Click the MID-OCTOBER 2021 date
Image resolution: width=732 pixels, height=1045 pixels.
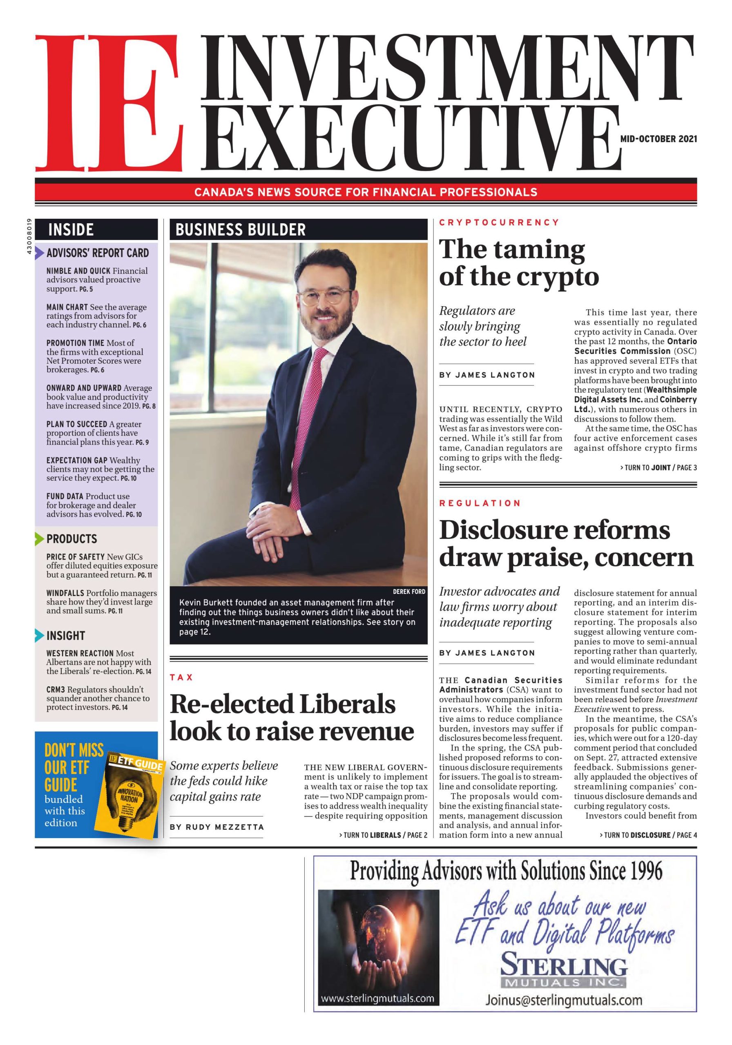pos(658,139)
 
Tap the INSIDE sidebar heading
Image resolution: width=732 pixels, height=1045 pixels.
pos(71,229)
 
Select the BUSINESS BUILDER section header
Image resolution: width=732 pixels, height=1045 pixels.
pos(241,230)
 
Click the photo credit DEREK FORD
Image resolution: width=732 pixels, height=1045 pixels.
pos(408,591)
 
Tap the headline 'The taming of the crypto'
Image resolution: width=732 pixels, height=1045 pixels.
pos(518,262)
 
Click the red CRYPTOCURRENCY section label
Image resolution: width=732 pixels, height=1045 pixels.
pos(499,222)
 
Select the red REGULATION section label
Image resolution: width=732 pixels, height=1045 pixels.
pos(480,503)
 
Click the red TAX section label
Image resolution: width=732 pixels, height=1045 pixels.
pos(181,677)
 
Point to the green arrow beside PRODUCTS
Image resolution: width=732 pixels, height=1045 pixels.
pos(40,539)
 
